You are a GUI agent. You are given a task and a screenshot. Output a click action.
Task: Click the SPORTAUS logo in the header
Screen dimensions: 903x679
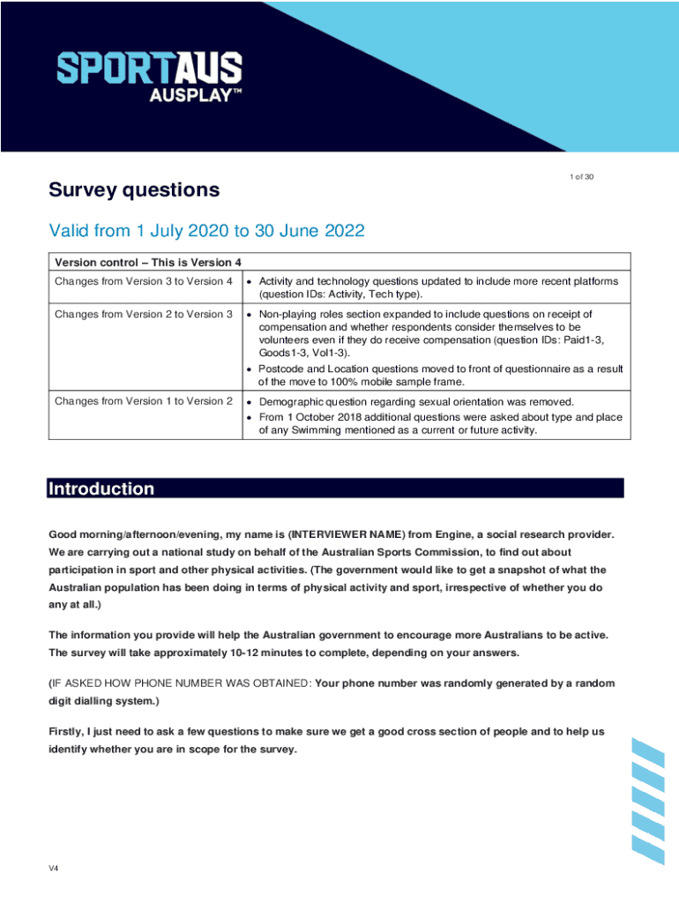coord(149,69)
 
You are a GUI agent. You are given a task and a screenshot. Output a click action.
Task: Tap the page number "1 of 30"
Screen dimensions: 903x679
coord(581,177)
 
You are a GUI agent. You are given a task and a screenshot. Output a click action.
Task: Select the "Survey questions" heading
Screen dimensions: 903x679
coord(134,190)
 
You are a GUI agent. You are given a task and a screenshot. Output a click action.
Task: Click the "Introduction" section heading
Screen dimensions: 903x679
coord(101,489)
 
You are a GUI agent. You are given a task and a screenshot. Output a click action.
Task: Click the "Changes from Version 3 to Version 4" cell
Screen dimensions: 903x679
coord(144,281)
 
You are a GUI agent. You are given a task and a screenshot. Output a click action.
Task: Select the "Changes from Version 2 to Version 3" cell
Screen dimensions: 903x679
coord(144,314)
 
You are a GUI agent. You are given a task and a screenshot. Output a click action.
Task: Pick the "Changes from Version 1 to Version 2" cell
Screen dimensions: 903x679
coord(144,401)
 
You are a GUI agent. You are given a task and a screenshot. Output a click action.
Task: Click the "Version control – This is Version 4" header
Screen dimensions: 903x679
coord(148,262)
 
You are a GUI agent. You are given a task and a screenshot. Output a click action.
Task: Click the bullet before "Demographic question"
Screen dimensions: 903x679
coord(250,402)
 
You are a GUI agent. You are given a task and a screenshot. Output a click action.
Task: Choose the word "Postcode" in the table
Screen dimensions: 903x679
coord(280,369)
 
